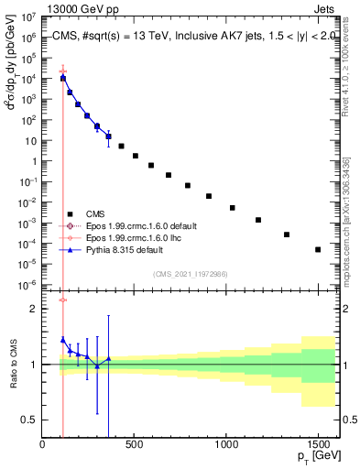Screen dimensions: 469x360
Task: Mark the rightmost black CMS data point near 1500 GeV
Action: pyautogui.click(x=318, y=249)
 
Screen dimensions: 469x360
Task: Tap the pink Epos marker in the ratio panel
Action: pyautogui.click(x=62, y=300)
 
